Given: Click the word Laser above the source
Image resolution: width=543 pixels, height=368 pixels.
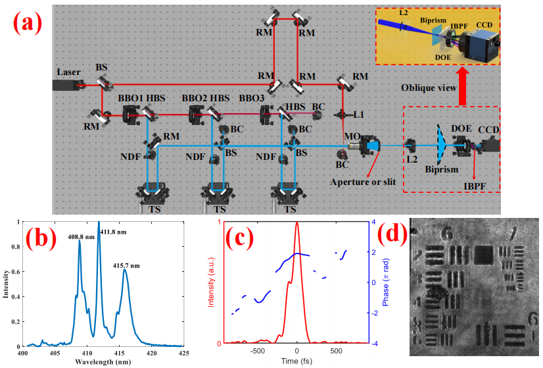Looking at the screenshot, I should [68, 72].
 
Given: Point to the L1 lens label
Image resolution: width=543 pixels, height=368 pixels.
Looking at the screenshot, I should [358, 115].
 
